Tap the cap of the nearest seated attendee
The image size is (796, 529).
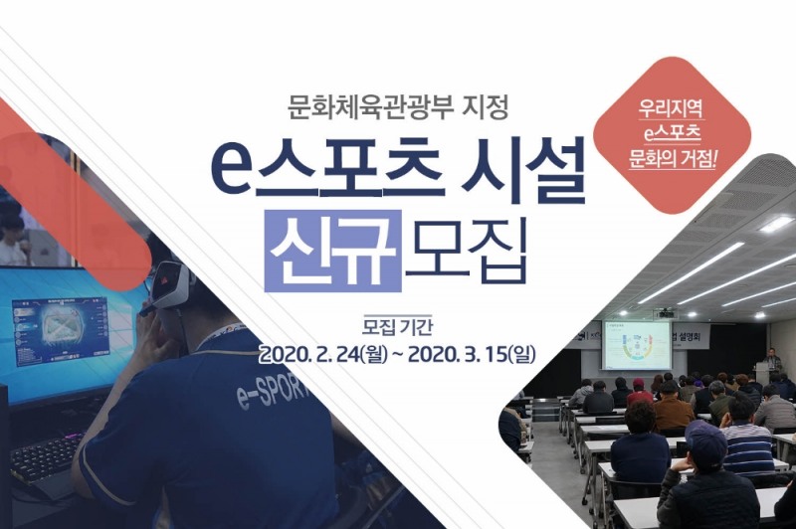pos(704,438)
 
